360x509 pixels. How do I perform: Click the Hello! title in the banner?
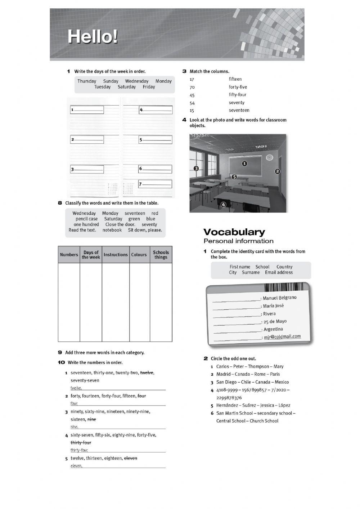pos(93,37)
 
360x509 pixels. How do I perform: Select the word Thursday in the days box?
pos(87,81)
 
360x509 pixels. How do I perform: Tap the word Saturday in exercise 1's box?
pos(127,87)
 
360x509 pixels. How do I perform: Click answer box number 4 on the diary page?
pos(156,110)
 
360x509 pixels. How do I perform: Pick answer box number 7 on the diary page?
pos(156,184)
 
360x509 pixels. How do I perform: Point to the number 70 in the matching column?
pos(192,87)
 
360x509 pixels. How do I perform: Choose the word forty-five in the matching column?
pos(238,87)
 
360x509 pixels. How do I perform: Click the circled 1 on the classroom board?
pos(244,164)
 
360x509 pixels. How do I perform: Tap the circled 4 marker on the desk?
pos(223,205)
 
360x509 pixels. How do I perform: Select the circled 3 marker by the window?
pos(196,168)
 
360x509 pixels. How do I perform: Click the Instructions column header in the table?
pos(116,255)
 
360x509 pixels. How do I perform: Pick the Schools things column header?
pos(161,255)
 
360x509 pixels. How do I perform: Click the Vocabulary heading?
pos(234,232)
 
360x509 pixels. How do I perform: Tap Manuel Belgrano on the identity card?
pos(280,298)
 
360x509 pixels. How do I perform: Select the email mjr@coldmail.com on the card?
pos(282,336)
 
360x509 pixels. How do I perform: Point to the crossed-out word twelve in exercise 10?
pos(147,373)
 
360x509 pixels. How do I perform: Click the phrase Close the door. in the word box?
pos(120,224)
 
